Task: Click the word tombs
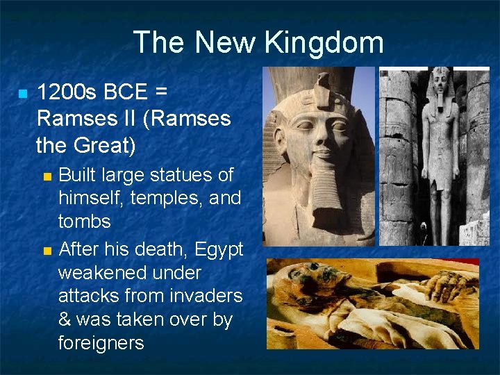[x=85, y=222]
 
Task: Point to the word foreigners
[x=101, y=344]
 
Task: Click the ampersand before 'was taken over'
[x=65, y=320]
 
